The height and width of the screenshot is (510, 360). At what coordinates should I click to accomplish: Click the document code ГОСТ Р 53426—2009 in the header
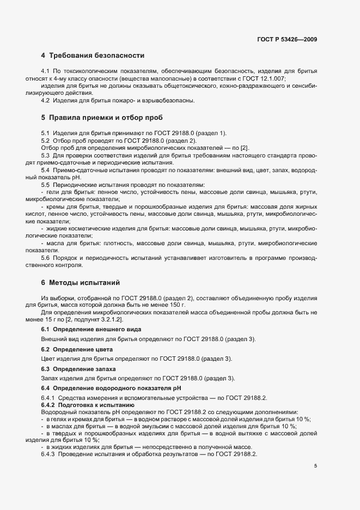[x=287, y=39]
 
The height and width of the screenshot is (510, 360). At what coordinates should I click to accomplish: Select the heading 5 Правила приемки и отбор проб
[x=101, y=118]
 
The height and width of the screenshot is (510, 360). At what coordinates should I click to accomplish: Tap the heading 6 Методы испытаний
[x=81, y=282]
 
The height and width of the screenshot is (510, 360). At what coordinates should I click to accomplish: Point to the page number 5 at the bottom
[x=316, y=466]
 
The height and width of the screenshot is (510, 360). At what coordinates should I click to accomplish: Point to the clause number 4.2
[x=46, y=100]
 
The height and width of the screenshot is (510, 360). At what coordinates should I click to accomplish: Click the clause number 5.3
[x=46, y=155]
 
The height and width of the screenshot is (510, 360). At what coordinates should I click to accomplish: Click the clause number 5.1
[x=46, y=133]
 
